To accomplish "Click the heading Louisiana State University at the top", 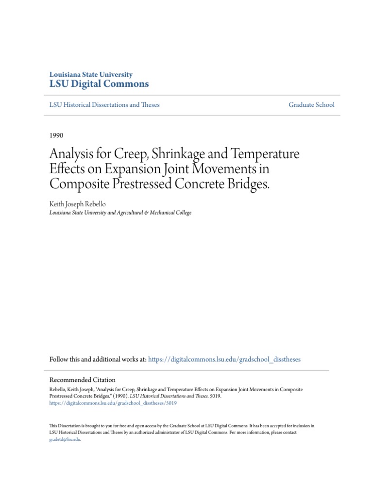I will click(x=91, y=74).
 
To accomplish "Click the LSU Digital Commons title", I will click(x=99, y=84).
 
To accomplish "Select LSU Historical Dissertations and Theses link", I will click(x=104, y=104).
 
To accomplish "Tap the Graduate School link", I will click(x=311, y=104).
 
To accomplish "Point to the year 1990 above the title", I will click(x=56, y=135).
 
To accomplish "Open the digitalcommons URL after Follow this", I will click(x=224, y=359).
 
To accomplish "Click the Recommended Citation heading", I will click(x=83, y=380).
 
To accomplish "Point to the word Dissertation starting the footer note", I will click(x=72, y=426).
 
